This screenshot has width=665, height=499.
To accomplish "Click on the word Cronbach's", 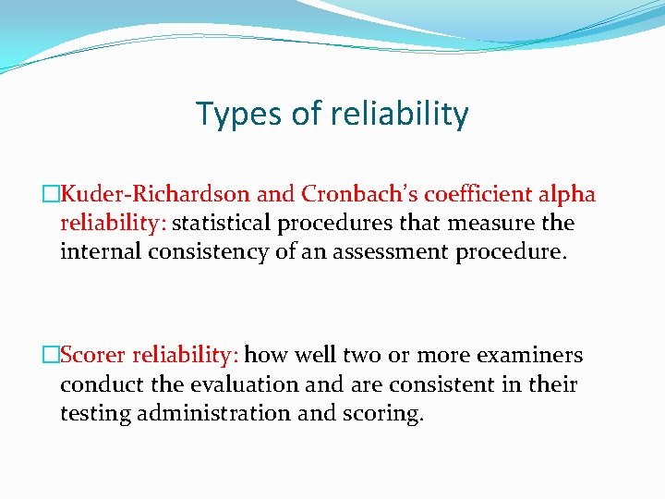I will click(351, 194).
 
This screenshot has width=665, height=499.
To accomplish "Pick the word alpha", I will click(568, 194).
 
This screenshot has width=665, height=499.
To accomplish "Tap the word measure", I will click(499, 223).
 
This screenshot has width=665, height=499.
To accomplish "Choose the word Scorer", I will click(95, 355).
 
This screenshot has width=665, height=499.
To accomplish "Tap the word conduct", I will click(98, 383).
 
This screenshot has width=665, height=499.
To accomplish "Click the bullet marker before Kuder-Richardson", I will click(52, 194).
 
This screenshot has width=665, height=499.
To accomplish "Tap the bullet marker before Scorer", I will click(52, 355).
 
